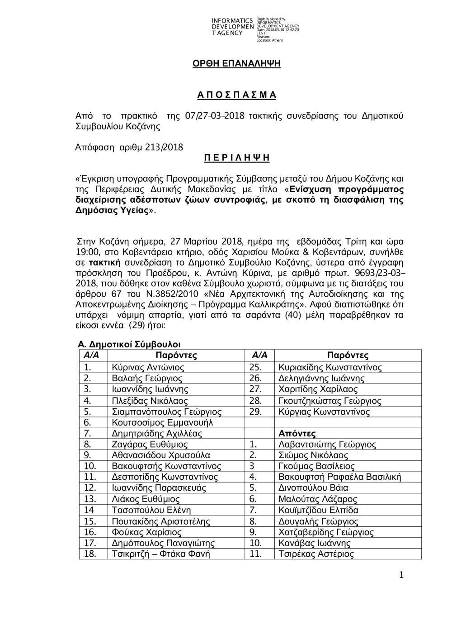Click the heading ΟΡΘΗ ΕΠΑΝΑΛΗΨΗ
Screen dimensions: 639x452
click(237, 64)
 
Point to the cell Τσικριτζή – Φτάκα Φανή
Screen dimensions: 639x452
click(161, 554)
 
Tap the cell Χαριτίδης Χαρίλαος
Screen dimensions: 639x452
click(318, 389)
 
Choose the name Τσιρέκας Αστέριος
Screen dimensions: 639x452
click(316, 554)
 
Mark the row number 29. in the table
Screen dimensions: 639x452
click(256, 412)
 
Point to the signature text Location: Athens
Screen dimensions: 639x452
click(270, 40)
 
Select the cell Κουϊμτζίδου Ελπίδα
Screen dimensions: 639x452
click(319, 510)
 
